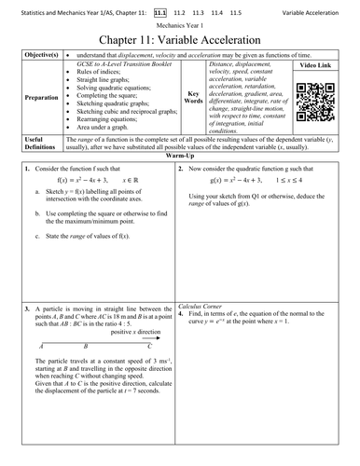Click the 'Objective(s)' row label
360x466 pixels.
click(39, 55)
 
